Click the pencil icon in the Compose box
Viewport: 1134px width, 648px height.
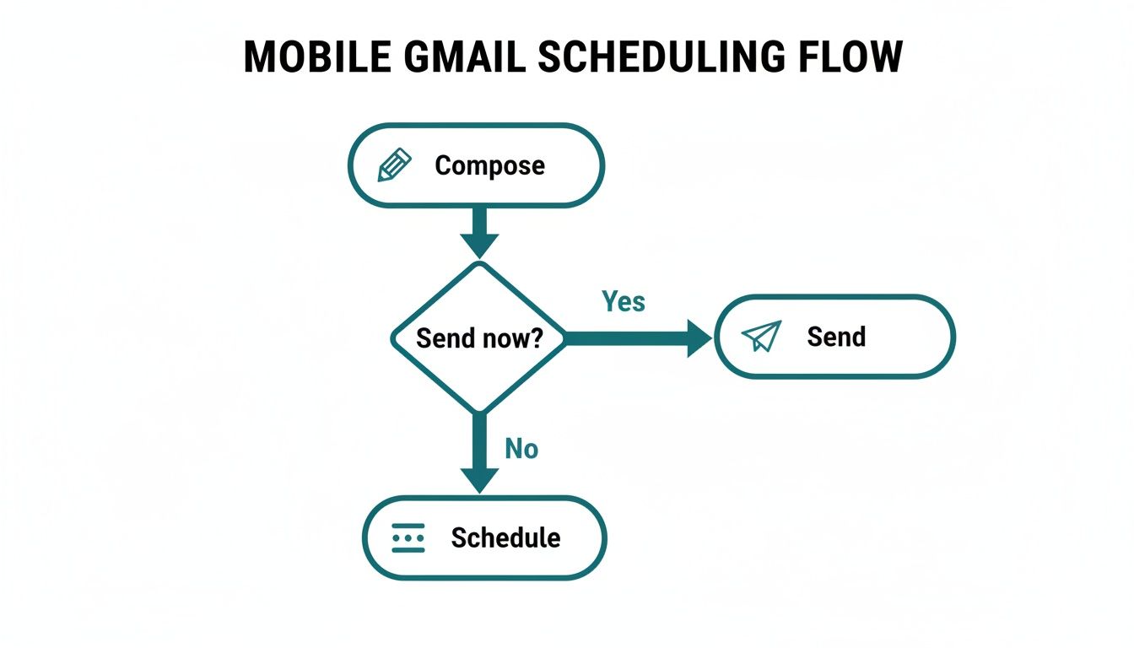click(394, 165)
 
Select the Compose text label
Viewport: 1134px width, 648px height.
click(489, 165)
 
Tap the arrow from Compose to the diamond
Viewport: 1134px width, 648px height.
click(479, 231)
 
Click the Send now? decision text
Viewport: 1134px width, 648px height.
click(479, 338)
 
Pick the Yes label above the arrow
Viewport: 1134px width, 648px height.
click(624, 301)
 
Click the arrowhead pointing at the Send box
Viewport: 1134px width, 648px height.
click(699, 338)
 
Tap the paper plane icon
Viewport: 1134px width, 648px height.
click(761, 336)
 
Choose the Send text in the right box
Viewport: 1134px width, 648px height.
click(836, 337)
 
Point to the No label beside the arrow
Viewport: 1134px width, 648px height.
click(521, 450)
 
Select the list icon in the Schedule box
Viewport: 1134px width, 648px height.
click(409, 537)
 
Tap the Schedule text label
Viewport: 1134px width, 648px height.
click(505, 537)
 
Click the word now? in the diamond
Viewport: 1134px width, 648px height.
click(512, 338)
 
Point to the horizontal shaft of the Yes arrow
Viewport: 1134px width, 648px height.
click(624, 338)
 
